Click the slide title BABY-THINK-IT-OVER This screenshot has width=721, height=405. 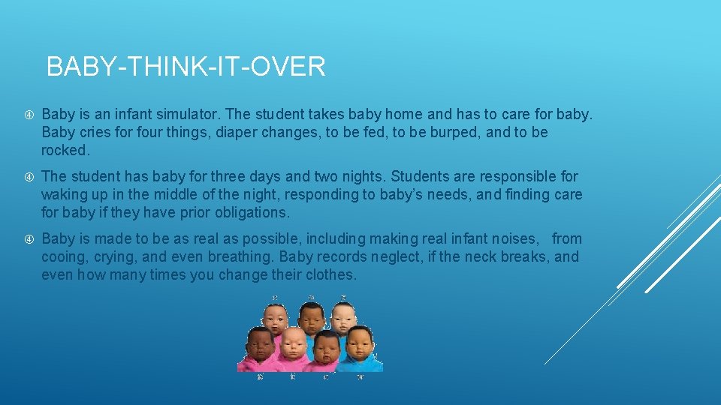[186, 67]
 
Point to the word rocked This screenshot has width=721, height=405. [65, 151]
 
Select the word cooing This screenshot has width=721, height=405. [64, 257]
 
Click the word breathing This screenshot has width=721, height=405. [237, 257]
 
